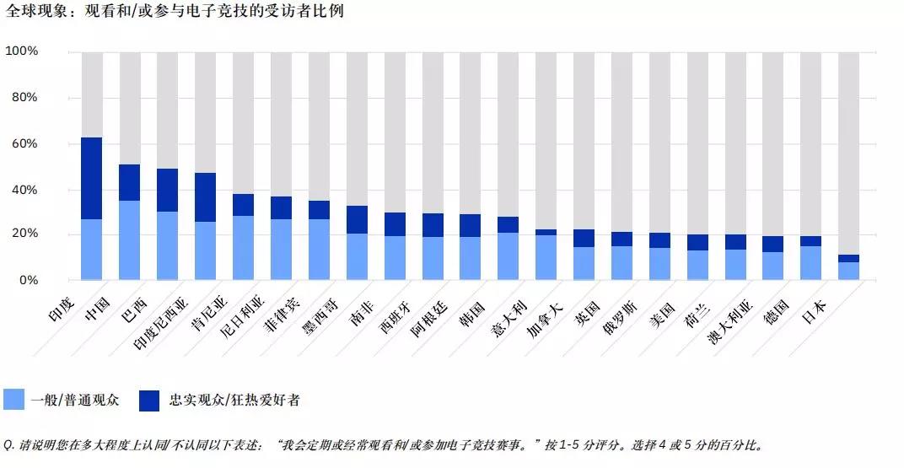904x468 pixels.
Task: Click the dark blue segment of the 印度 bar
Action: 91,178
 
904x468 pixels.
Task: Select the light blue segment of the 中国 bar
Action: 129,239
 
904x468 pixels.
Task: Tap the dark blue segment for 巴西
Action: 167,190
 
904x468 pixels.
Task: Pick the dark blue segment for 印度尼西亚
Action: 205,197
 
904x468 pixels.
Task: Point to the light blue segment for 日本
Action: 848,271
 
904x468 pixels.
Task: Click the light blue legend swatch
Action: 14,400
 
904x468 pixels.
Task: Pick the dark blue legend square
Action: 149,400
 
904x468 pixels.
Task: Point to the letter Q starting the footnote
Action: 8,444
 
